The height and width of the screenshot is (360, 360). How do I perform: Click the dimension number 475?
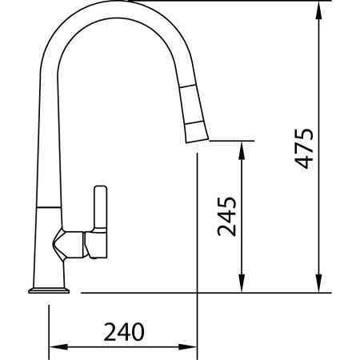click(x=304, y=149)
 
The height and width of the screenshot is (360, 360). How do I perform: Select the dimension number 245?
click(x=227, y=217)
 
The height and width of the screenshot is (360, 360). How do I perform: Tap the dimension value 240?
click(x=124, y=332)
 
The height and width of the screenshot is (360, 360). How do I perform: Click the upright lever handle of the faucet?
click(x=101, y=207)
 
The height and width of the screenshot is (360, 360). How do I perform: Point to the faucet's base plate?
click(x=49, y=290)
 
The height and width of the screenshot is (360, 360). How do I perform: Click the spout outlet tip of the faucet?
click(x=197, y=141)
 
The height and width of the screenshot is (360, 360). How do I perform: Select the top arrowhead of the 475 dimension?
click(x=318, y=10)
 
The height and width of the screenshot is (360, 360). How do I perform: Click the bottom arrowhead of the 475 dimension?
click(x=318, y=283)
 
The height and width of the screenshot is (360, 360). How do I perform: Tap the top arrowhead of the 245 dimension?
click(x=242, y=150)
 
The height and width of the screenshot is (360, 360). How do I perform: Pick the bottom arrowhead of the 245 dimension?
click(x=242, y=283)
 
